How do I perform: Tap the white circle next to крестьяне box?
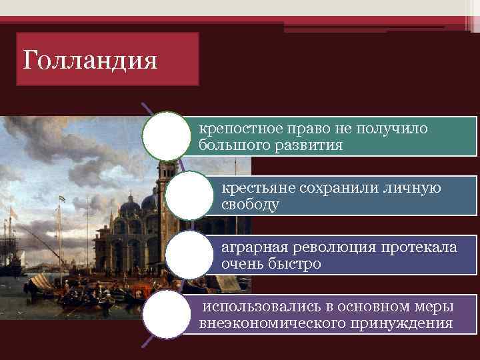pos(189,196)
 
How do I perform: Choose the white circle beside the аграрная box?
pos(189,255)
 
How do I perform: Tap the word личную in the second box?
pos(410,187)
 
